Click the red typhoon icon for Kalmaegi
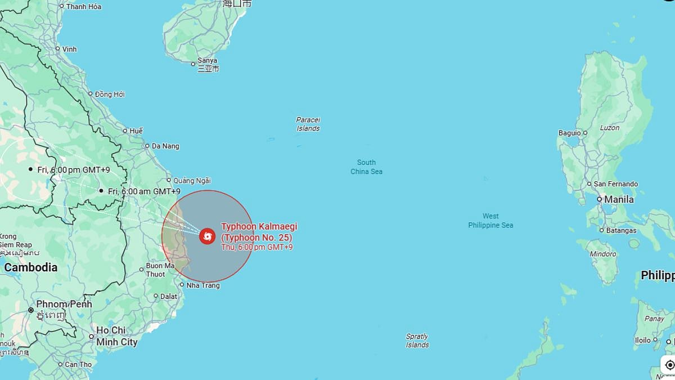(x=207, y=236)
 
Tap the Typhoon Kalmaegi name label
(x=259, y=232)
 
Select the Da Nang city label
(x=166, y=146)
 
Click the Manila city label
(x=619, y=199)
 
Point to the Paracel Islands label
(x=308, y=124)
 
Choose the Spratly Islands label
(x=417, y=341)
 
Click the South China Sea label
(x=366, y=167)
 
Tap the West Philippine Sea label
(x=490, y=221)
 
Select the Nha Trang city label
(x=202, y=285)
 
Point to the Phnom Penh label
(x=64, y=304)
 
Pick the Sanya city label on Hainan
(x=208, y=61)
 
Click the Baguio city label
(x=569, y=133)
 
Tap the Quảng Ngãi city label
(x=192, y=181)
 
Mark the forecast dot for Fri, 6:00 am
(x=101, y=191)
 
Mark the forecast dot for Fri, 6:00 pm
(x=30, y=169)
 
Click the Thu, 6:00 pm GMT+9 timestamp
(x=256, y=247)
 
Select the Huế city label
(x=136, y=131)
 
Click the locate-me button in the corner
(x=669, y=365)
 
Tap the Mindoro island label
(x=602, y=254)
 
